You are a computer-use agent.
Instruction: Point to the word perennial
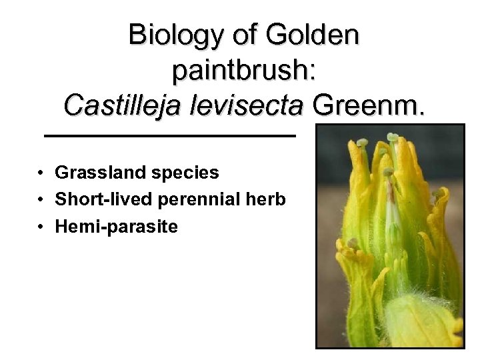(x=201, y=200)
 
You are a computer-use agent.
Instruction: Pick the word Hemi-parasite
(x=117, y=227)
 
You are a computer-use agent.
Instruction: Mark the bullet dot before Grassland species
(x=41, y=173)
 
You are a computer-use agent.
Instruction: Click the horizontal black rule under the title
(x=169, y=135)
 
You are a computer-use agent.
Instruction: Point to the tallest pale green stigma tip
(x=393, y=138)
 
